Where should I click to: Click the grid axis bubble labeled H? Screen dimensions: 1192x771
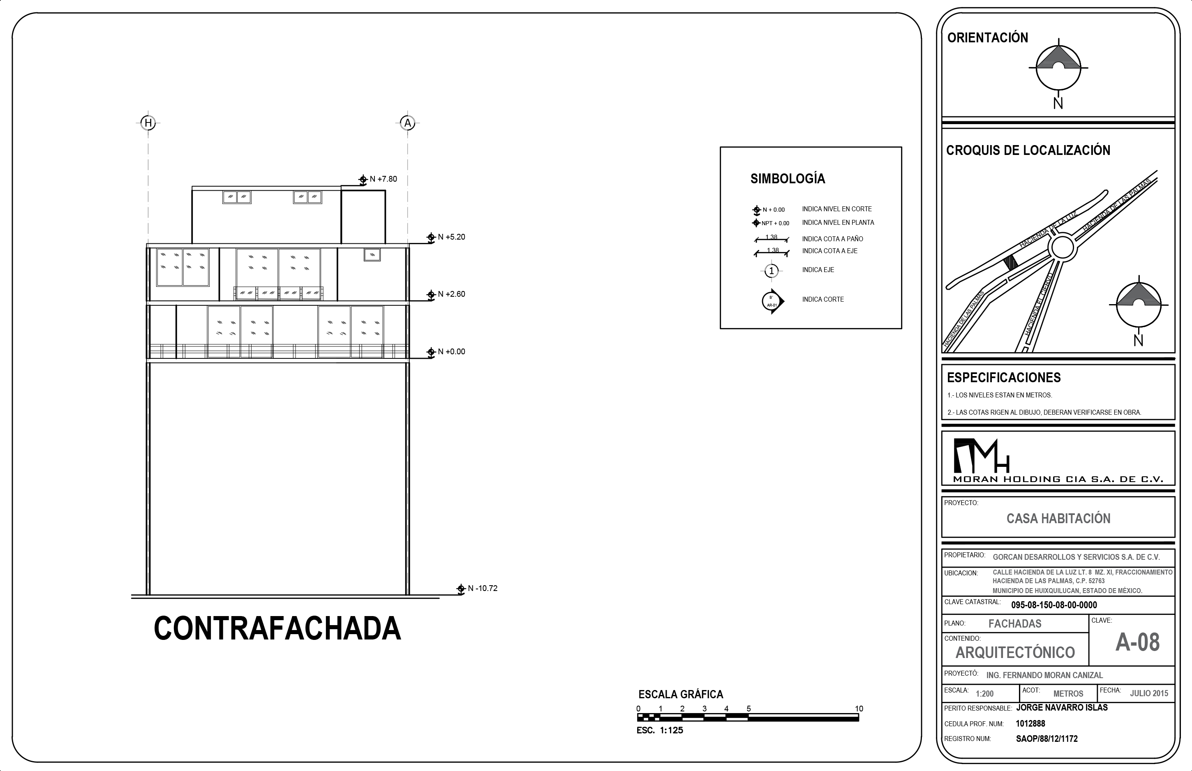click(x=148, y=122)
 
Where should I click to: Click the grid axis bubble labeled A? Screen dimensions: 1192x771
click(x=407, y=122)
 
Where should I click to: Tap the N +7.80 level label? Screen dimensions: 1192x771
click(x=383, y=179)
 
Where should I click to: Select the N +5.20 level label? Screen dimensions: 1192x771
click(x=452, y=237)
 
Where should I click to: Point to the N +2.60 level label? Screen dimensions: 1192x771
click(x=452, y=294)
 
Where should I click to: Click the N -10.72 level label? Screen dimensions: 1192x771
click(x=483, y=588)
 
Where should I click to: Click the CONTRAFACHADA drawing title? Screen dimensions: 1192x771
click(x=277, y=628)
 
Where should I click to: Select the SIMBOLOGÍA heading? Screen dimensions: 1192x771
click(x=788, y=178)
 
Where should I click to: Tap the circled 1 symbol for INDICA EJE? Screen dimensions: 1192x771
click(x=772, y=271)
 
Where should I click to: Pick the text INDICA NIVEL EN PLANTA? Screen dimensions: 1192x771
click(x=838, y=222)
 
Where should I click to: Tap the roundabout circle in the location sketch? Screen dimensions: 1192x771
click(x=1061, y=247)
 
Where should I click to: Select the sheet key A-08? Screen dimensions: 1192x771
click(x=1137, y=642)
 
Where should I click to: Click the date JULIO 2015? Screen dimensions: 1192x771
click(x=1149, y=693)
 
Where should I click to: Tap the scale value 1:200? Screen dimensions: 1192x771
click(x=985, y=694)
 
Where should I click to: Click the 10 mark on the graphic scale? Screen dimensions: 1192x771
click(x=859, y=709)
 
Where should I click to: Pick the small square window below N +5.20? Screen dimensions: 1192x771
click(x=372, y=255)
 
